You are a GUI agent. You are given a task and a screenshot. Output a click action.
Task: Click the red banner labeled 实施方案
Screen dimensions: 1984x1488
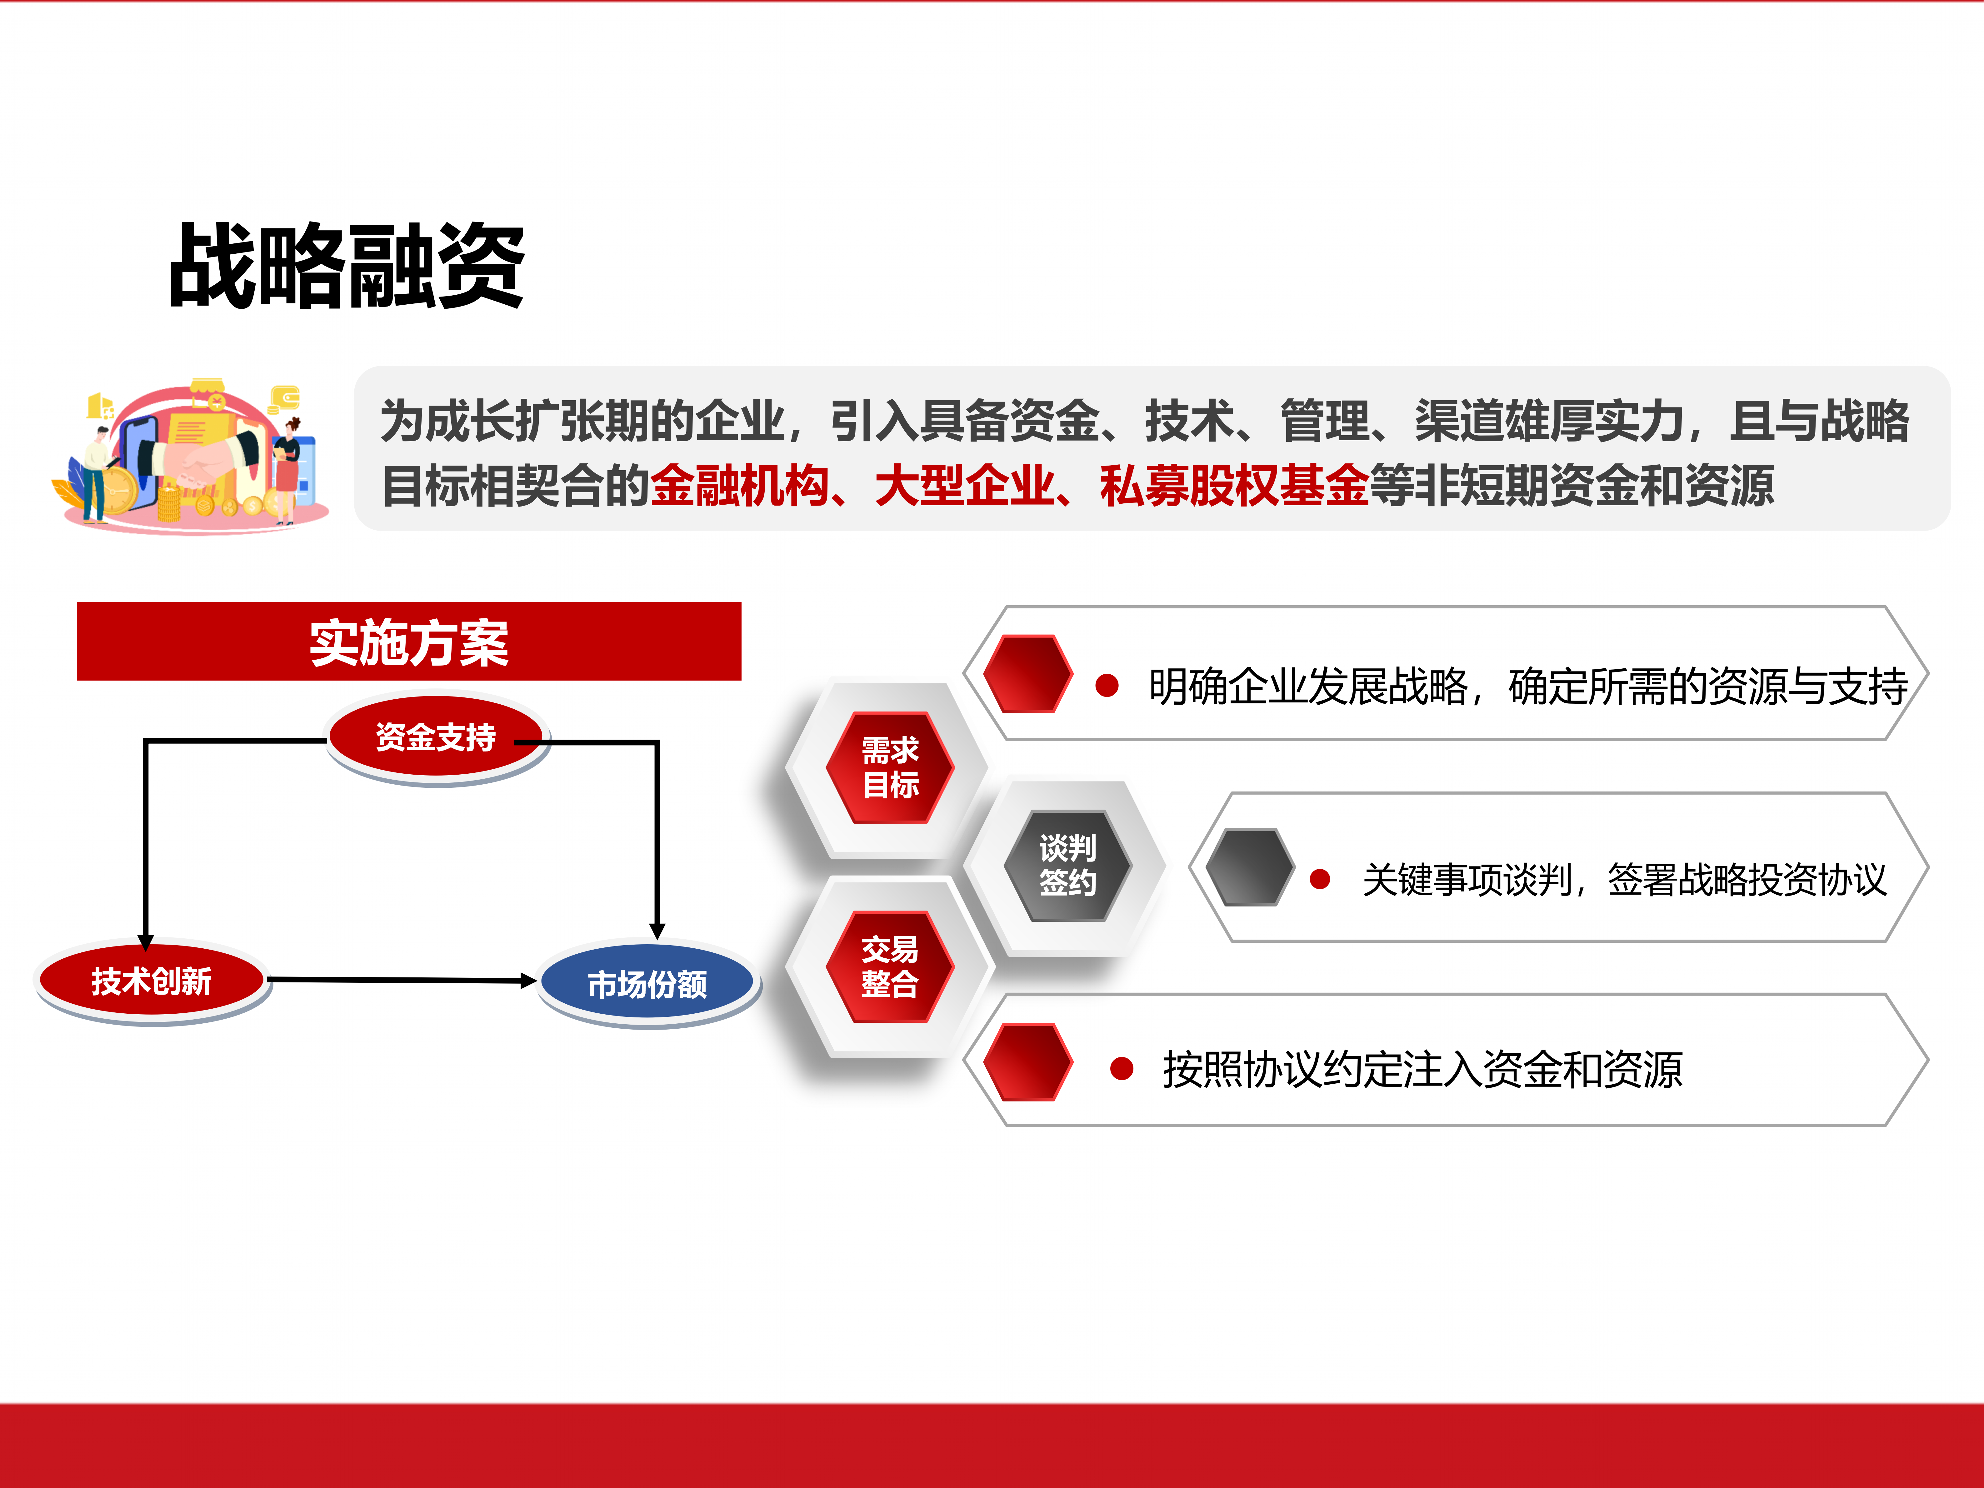click(409, 641)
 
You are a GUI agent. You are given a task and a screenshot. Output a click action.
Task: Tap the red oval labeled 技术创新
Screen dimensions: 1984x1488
click(152, 980)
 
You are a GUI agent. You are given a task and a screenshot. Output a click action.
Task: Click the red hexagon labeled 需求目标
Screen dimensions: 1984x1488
click(890, 767)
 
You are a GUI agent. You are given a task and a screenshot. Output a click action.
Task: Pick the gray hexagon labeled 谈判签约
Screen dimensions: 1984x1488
click(1067, 866)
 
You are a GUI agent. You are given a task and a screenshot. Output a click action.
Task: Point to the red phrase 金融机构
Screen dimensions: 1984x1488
click(739, 486)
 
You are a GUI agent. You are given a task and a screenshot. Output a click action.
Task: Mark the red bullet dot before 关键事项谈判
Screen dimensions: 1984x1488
click(1319, 879)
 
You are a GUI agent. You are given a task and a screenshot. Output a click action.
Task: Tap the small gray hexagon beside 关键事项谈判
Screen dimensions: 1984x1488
click(1249, 866)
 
